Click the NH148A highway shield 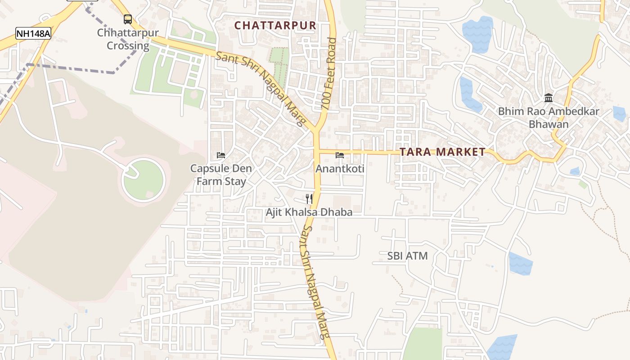coord(33,33)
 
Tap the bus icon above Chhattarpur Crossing coord(128,19)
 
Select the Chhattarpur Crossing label coord(128,39)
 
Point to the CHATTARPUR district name coord(275,26)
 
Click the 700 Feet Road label coord(329,74)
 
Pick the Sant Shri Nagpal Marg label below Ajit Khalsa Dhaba coord(315,281)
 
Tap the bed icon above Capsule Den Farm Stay coord(220,155)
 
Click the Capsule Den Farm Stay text coord(220,175)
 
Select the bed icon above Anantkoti coord(340,155)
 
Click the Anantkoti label coord(340,169)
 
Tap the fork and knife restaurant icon coord(309,198)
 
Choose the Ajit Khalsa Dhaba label coord(309,212)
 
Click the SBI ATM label coord(407,256)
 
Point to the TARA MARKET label coord(442,152)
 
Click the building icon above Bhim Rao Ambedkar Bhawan coord(549,98)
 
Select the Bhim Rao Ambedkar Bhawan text coord(549,117)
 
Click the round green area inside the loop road coord(144,180)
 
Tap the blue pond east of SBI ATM coord(521,264)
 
